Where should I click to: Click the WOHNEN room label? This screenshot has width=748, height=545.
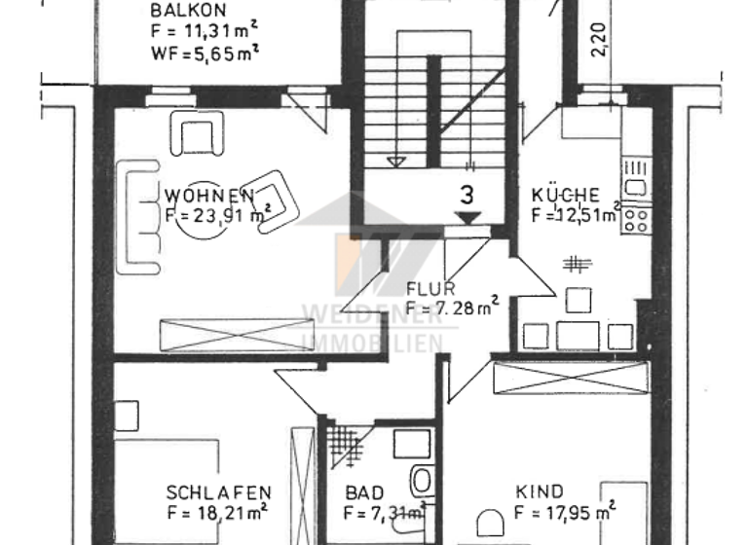point(209,193)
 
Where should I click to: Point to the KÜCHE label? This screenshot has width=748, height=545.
point(565,194)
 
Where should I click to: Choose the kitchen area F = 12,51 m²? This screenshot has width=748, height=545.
point(576,214)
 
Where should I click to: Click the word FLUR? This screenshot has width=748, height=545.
point(427,289)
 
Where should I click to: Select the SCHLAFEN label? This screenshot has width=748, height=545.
point(218,492)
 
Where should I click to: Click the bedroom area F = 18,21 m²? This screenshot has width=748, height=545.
point(216,512)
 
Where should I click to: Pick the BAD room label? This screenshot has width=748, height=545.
point(364,492)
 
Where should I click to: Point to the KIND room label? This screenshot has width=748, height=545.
point(540,492)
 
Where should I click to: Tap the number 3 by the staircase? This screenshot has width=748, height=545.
point(467,195)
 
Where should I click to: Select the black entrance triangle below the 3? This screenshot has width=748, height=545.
point(468,219)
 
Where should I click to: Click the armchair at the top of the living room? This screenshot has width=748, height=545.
point(197,132)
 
